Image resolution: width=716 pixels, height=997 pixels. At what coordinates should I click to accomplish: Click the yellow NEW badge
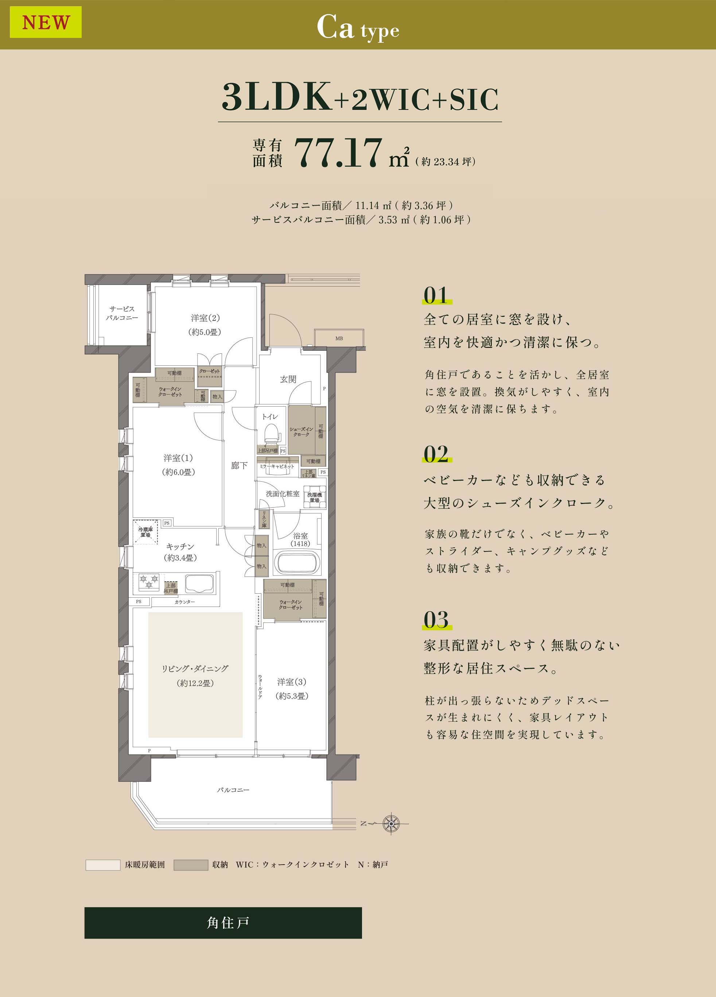point(46,22)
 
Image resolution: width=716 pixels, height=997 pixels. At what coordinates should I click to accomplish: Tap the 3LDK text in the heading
point(277,98)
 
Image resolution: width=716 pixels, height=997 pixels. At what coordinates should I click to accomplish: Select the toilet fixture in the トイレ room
point(272,432)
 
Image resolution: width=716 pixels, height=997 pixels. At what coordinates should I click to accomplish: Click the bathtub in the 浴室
point(296,562)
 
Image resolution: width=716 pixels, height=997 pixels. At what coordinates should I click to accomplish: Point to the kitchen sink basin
point(199,583)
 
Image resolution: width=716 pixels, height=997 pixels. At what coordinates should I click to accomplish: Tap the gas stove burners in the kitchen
point(149,582)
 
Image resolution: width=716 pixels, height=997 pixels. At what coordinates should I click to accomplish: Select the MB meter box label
point(339,338)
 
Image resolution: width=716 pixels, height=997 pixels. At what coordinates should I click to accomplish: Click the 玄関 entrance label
point(288,379)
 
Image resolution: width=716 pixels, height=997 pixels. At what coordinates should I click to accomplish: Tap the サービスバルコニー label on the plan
point(122,313)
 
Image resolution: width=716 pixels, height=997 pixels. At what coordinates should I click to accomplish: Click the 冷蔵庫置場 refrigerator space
point(145,532)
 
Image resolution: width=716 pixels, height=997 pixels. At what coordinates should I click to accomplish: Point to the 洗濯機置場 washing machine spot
point(314,497)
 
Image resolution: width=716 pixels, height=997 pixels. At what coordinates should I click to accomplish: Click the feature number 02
point(436,454)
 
